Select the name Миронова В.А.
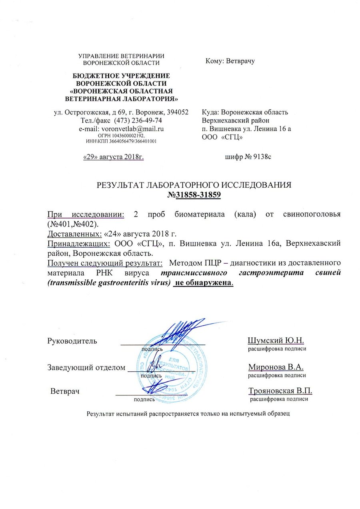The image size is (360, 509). pyautogui.click(x=276, y=367)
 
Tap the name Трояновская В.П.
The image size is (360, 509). pyautogui.click(x=280, y=391)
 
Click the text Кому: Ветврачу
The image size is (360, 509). pyautogui.click(x=230, y=61)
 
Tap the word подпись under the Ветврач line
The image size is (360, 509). pyautogui.click(x=144, y=399)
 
